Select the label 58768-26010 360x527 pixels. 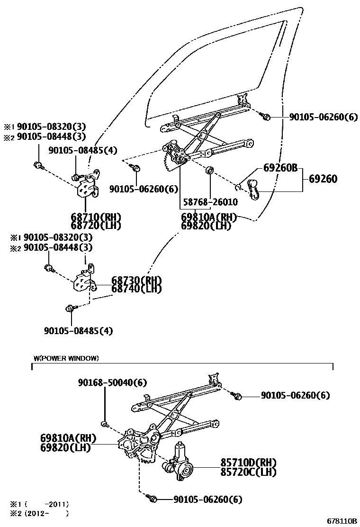click(x=209, y=202)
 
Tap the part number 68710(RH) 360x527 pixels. click(x=96, y=217)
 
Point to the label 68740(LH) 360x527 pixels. click(x=136, y=288)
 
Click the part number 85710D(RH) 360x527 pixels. click(x=248, y=463)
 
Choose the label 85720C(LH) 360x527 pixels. click(x=248, y=472)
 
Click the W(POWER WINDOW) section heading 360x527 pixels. click(x=66, y=358)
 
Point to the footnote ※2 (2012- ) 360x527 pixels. click(x=40, y=513)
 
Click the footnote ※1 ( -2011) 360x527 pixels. click(x=40, y=504)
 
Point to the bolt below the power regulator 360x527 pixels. click(x=153, y=499)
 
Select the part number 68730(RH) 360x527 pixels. click(x=136, y=280)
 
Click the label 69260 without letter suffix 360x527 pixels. click(x=323, y=179)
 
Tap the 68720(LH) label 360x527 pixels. click(x=96, y=226)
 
